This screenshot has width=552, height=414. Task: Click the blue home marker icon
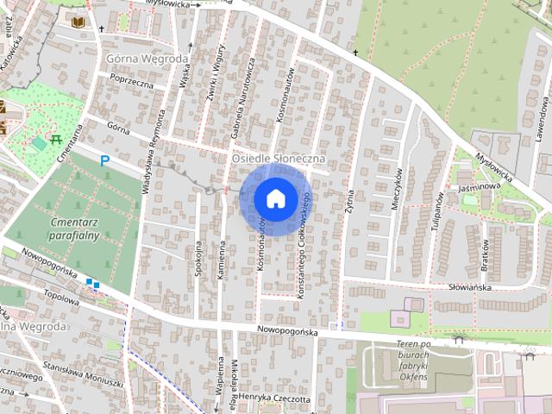(x=275, y=198)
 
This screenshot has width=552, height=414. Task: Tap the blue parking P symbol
(x=105, y=160)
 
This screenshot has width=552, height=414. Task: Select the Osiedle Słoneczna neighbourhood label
(x=277, y=160)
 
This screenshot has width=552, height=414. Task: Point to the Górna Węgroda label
(x=146, y=59)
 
